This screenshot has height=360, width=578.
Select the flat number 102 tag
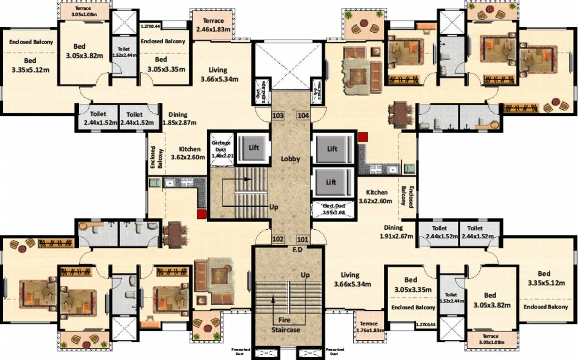[x=278, y=239]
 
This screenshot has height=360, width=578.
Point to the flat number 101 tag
[x=302, y=239]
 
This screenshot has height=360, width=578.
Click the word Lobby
[x=290, y=159]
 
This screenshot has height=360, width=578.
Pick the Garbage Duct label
[x=220, y=146]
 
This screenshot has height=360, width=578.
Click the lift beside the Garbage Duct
[x=253, y=148]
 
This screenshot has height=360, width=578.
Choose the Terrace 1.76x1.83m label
[x=369, y=327]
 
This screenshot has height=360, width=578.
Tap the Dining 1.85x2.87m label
[x=179, y=119]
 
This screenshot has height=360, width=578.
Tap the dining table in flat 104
[x=400, y=115]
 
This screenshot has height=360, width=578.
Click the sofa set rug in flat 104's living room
[x=360, y=70]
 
